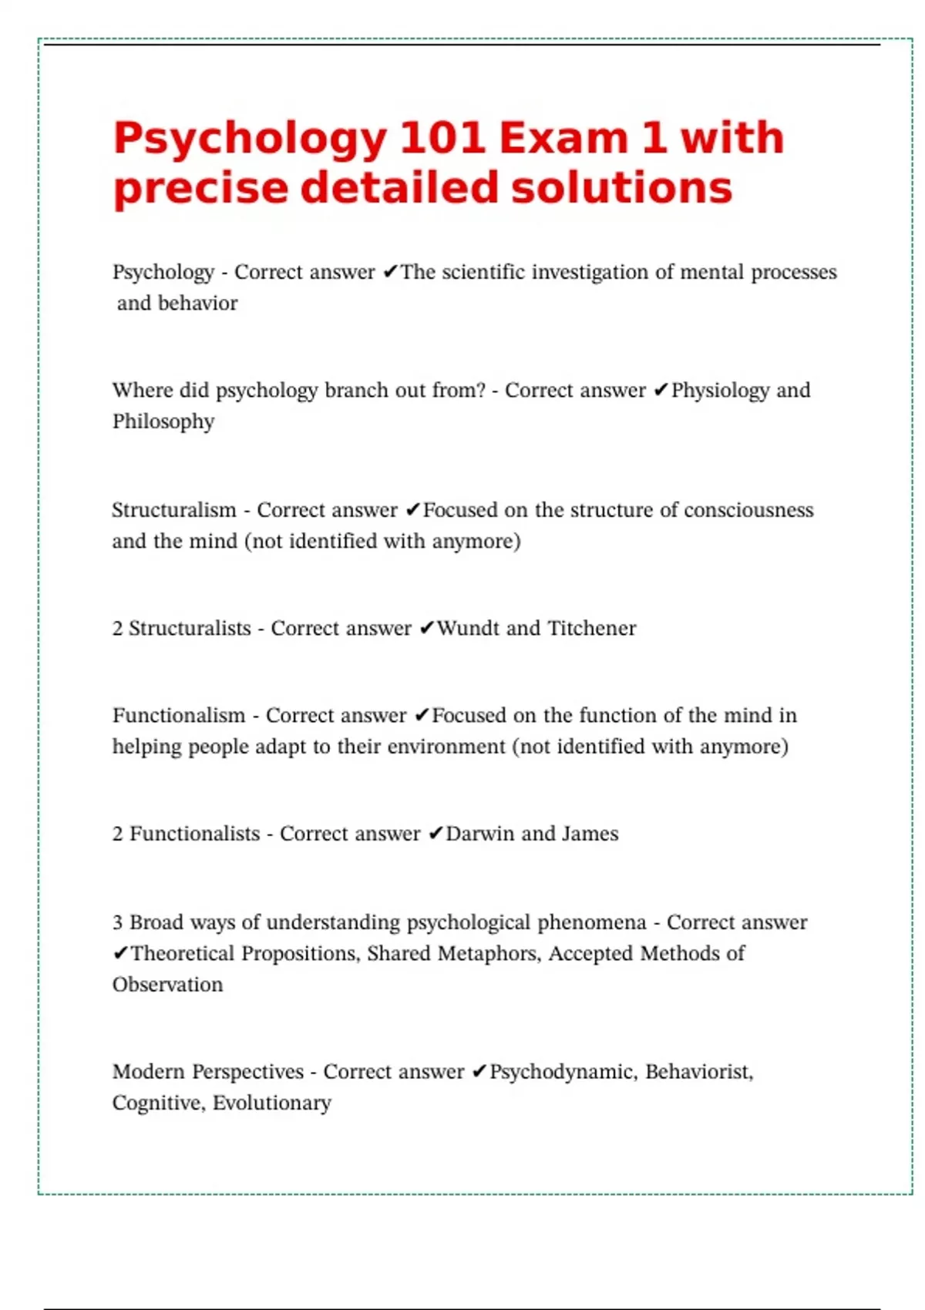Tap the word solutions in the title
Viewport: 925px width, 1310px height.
click(x=621, y=188)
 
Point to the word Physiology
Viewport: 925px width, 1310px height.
click(x=720, y=391)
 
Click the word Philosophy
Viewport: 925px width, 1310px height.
click(x=163, y=422)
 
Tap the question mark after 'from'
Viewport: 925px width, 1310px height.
click(x=482, y=390)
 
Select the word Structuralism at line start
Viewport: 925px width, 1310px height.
click(x=174, y=510)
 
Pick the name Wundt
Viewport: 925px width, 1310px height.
click(x=468, y=629)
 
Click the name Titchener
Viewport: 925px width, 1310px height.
click(x=592, y=629)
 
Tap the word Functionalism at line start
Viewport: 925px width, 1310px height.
click(x=179, y=716)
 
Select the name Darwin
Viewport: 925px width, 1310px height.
click(x=479, y=834)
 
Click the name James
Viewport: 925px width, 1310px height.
click(x=590, y=834)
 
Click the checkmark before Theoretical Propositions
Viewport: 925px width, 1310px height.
click(x=120, y=954)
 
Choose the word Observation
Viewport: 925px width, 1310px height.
click(x=167, y=985)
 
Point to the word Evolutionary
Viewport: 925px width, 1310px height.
click(x=272, y=1103)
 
